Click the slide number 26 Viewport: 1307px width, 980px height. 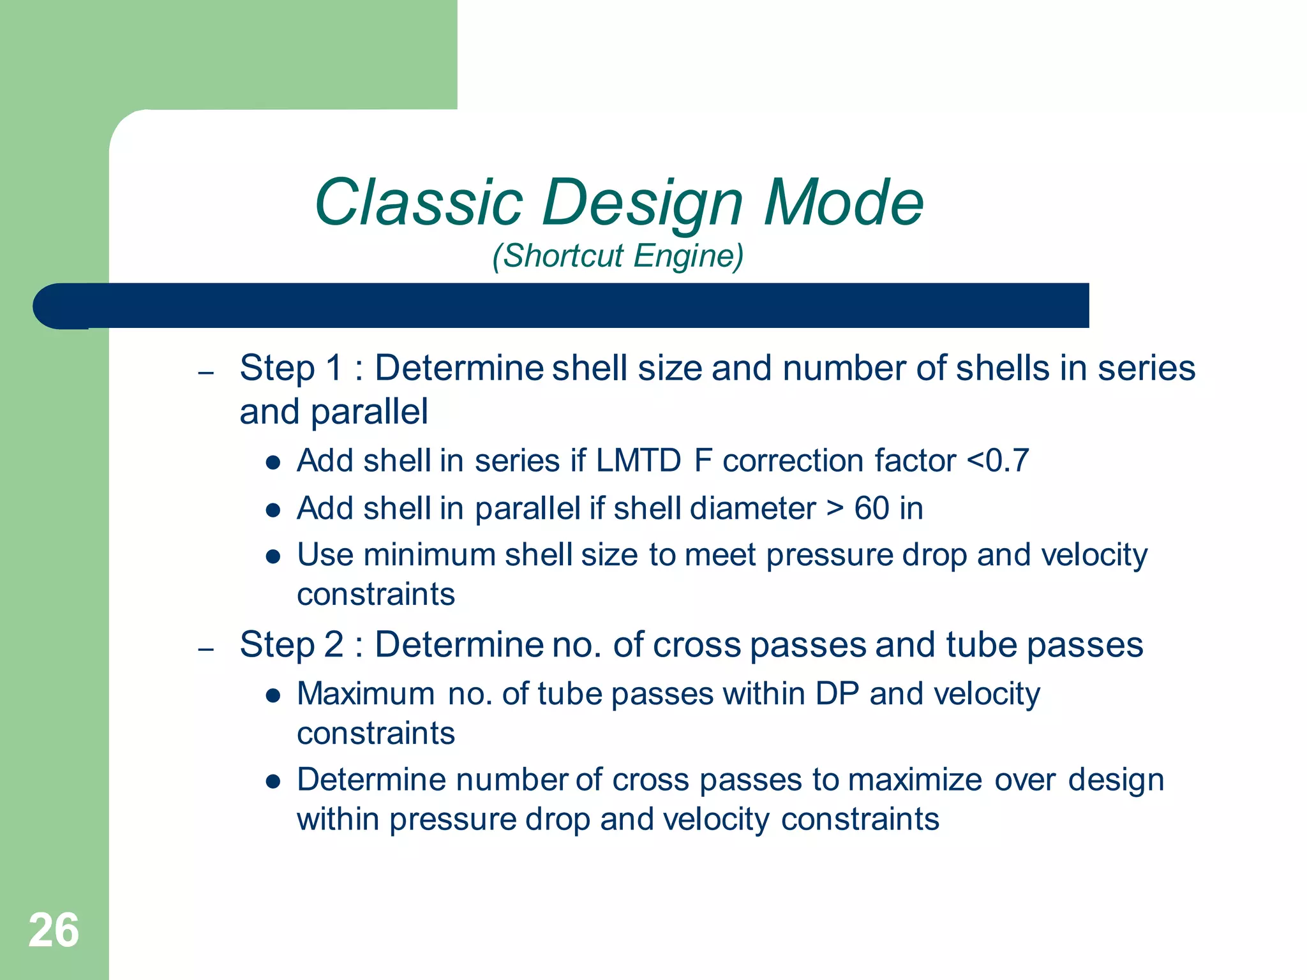click(54, 930)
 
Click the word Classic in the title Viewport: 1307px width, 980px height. click(419, 203)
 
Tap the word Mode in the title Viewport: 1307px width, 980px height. click(843, 203)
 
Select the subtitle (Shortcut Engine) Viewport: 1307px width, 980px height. click(618, 256)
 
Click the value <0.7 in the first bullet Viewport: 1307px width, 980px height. click(998, 461)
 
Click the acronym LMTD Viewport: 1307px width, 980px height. click(639, 461)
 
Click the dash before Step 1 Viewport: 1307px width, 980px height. click(205, 373)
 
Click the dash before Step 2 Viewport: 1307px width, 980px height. click(205, 650)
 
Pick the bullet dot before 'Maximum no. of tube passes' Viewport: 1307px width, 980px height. click(274, 696)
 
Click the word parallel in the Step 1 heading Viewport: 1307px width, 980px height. click(369, 412)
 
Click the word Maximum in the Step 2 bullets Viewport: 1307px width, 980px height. click(366, 694)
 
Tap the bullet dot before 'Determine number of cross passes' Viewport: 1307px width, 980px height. click(274, 782)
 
